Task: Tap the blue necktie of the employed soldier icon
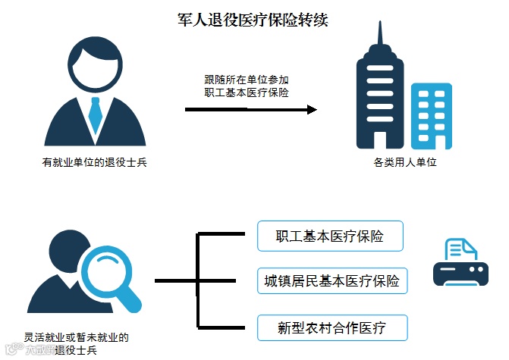pos(95,114)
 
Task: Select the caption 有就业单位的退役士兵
pos(94,163)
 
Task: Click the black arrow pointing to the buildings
pos(251,110)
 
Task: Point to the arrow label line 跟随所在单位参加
pos(247,78)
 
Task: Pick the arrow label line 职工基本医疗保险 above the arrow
pos(247,92)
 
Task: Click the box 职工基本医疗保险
pos(330,236)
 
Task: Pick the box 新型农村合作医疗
pos(331,327)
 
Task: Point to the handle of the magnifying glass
pos(136,302)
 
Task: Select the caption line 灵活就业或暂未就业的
pos(76,337)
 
